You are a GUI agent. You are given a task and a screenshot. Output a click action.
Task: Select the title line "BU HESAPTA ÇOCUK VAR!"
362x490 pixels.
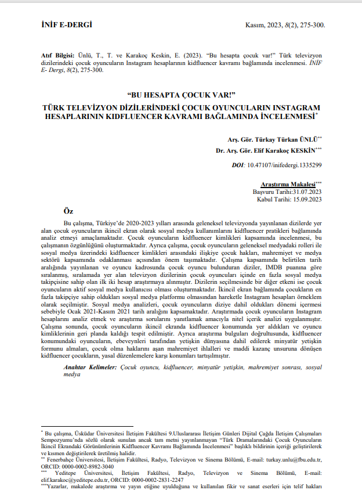(x=180, y=96)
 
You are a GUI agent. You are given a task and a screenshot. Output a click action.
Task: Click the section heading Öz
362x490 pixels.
(x=68, y=211)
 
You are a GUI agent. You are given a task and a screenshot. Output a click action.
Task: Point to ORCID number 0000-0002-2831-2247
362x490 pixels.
(x=162, y=480)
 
